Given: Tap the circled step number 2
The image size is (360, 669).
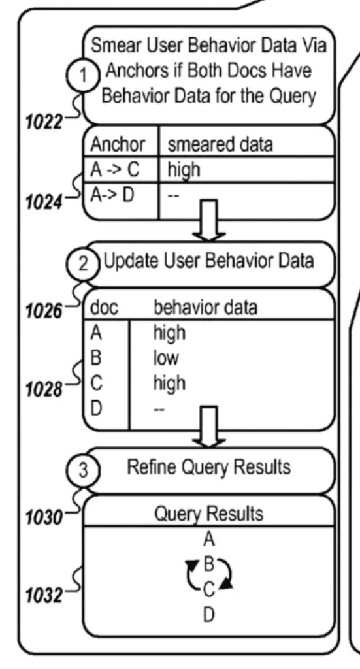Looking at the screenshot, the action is click(83, 265).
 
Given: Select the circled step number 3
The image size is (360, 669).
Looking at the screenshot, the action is click(83, 470).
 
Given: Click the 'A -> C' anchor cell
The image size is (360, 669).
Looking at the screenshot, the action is click(115, 170).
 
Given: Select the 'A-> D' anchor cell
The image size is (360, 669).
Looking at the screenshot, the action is click(112, 195).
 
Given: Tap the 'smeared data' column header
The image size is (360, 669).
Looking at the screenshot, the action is click(220, 144).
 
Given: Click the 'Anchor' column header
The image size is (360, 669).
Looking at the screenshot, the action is click(118, 144).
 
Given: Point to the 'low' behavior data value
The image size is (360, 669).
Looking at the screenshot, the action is click(166, 357).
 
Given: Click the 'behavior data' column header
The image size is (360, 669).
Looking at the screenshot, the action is click(205, 307).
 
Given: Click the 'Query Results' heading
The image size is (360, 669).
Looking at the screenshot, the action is click(208, 514).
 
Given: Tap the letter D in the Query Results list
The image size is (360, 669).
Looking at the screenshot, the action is click(208, 615).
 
